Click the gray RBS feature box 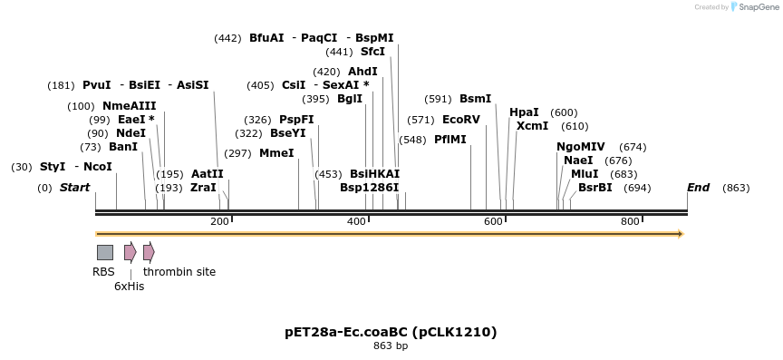105,252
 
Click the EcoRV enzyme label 461,120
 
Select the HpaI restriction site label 524,112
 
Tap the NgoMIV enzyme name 580,147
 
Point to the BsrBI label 595,188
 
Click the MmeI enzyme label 276,153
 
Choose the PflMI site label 450,140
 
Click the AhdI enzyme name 362,72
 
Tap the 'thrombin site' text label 179,271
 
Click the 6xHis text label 129,286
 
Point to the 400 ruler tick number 356,221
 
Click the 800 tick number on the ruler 630,221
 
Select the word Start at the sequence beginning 75,188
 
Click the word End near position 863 698,188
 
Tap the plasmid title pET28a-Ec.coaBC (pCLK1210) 391,332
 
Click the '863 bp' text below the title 391,345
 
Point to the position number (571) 420,120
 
